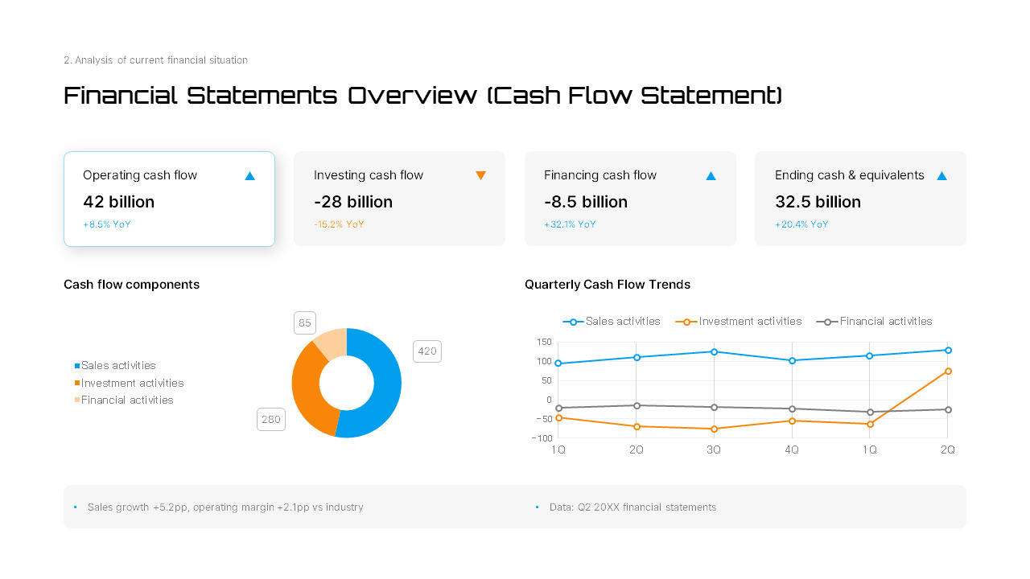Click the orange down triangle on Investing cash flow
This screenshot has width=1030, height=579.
(480, 175)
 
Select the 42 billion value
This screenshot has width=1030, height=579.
(118, 202)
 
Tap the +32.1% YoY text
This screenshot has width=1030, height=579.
(570, 224)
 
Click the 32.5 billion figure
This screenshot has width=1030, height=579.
(818, 202)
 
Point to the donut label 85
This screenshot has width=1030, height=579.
(305, 323)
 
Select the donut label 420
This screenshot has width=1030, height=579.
(426, 351)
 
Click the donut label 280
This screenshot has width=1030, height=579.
(271, 420)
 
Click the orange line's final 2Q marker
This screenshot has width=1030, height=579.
(948, 371)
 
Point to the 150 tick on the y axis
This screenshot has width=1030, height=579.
(544, 342)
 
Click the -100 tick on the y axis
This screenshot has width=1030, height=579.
(542, 438)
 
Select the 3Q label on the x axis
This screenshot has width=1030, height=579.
(714, 450)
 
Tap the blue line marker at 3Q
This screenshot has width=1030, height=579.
(714, 351)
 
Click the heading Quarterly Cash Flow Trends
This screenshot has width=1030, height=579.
(607, 285)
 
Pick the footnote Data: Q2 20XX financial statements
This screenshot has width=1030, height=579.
(632, 507)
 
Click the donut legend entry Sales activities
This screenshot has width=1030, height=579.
(117, 366)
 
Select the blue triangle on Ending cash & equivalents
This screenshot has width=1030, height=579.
(941, 175)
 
